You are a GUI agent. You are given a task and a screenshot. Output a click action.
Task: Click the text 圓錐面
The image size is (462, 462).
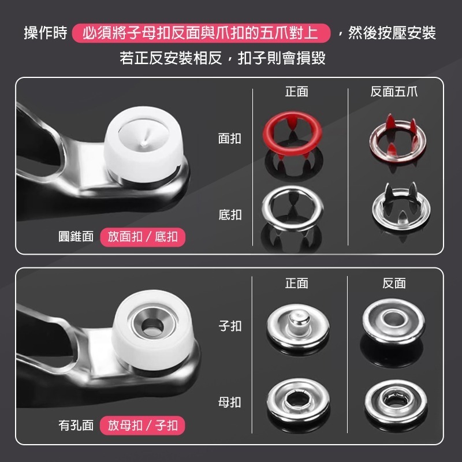click(x=76, y=237)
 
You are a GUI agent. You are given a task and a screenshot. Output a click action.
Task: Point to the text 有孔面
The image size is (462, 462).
click(x=76, y=426)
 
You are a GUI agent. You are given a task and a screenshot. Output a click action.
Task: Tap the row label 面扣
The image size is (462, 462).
click(x=230, y=139)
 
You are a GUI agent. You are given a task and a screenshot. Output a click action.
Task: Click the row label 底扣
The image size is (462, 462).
click(x=230, y=215)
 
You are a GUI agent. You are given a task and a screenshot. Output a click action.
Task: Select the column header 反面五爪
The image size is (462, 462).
click(x=394, y=92)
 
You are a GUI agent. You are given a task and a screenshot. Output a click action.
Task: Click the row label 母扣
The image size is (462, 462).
click(x=230, y=402)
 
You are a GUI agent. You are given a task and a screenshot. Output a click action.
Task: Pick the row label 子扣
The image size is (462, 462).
click(x=230, y=326)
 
